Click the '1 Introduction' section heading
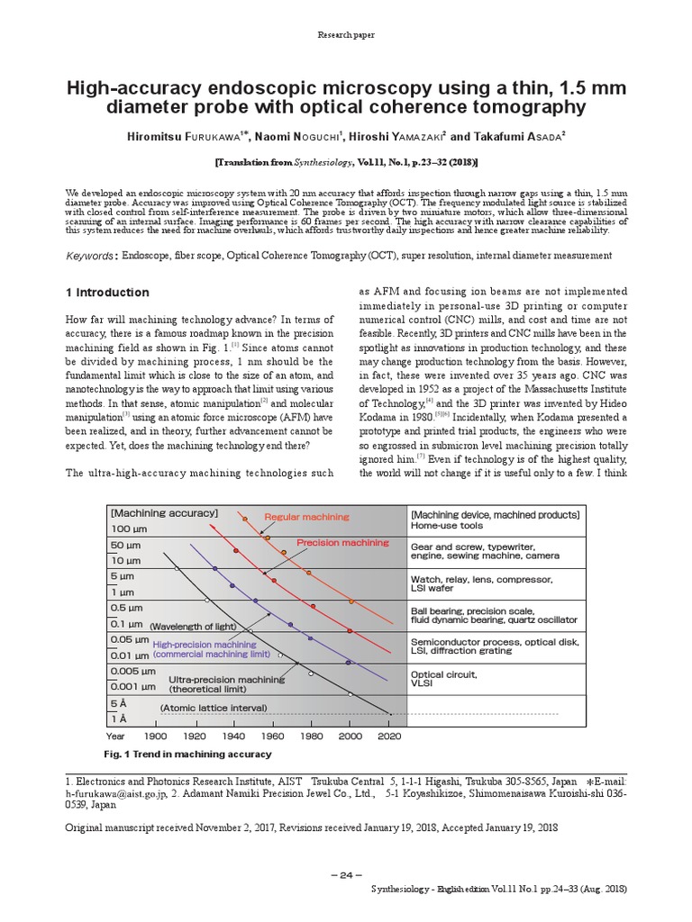(108, 293)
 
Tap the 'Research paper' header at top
(345, 35)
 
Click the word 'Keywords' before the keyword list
(91, 257)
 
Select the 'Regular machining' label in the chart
(305, 517)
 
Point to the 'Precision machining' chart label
(342, 543)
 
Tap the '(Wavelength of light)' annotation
(193, 626)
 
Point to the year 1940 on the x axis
(233, 736)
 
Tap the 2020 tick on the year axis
(390, 736)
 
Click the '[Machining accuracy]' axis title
(164, 512)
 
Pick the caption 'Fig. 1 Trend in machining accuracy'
(188, 754)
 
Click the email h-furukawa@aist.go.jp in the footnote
(118, 794)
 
